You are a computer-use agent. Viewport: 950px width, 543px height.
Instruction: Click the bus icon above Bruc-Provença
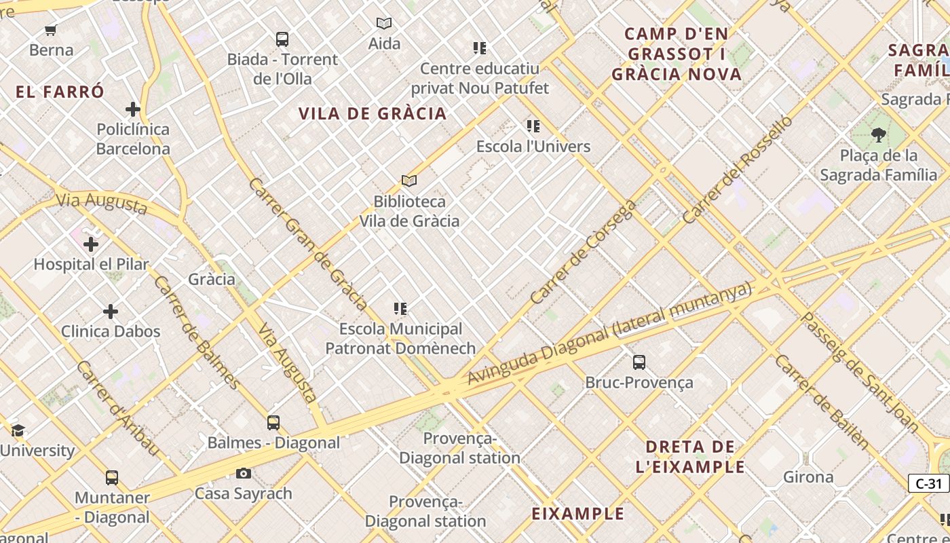(639, 362)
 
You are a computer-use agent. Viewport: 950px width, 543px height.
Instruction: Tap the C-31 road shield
(928, 483)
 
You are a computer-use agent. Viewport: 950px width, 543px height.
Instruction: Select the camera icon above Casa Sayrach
(243, 473)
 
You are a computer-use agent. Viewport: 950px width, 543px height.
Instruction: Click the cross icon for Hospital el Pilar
(90, 244)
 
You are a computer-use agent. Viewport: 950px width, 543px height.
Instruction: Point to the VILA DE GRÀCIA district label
(373, 113)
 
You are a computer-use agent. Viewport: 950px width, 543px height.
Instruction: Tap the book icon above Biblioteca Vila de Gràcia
(408, 181)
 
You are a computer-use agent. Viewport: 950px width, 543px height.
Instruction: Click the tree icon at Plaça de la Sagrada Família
(878, 135)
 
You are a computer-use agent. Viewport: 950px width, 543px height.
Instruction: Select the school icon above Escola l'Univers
(533, 126)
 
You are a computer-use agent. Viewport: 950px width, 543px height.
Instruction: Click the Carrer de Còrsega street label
(584, 252)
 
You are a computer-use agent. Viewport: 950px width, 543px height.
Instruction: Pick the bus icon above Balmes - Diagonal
(273, 423)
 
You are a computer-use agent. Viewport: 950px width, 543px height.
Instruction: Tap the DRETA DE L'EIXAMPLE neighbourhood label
(690, 457)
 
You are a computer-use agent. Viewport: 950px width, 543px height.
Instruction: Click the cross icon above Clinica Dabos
(111, 312)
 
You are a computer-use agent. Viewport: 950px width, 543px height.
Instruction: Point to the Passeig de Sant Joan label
(860, 373)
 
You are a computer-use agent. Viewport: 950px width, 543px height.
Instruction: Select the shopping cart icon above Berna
(51, 29)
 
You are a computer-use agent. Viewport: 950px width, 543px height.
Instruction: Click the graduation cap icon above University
(18, 430)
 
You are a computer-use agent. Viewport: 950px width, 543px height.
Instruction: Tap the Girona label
(808, 477)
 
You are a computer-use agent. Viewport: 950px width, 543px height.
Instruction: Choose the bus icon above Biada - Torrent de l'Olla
(282, 39)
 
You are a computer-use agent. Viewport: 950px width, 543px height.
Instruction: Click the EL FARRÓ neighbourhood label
(60, 92)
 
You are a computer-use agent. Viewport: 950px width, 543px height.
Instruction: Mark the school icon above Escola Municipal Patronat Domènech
(400, 309)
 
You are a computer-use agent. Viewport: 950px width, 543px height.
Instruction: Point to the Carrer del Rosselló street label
(738, 170)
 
